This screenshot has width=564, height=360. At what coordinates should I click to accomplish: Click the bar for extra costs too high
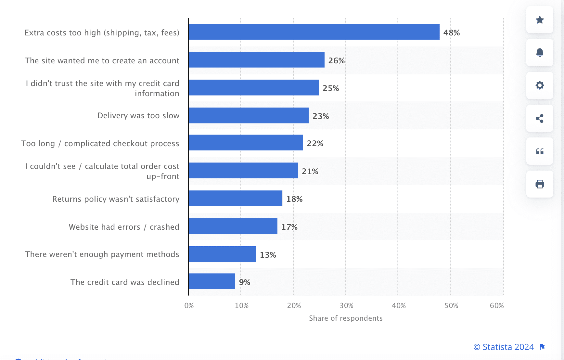[x=314, y=32]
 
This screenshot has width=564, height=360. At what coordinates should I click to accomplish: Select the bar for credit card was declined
[x=212, y=281]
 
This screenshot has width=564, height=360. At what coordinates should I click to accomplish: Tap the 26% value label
[x=336, y=60]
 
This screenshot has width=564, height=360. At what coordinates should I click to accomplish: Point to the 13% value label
[x=268, y=255]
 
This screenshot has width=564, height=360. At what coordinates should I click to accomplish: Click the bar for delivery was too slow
[x=249, y=115]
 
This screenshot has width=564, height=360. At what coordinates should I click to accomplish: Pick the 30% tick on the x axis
[x=346, y=305]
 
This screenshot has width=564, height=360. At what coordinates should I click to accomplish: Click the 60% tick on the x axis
[x=497, y=305]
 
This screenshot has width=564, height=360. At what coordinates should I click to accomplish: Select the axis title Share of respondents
[x=346, y=318]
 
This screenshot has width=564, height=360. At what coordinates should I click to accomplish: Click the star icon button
[x=540, y=20]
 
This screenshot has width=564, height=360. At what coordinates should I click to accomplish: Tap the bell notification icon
[x=540, y=53]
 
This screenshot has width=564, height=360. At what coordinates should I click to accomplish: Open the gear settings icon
[x=540, y=85]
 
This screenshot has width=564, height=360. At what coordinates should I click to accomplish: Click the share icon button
[x=540, y=118]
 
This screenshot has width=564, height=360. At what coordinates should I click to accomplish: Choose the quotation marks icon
[x=540, y=151]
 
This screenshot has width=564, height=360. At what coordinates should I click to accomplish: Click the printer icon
[x=540, y=184]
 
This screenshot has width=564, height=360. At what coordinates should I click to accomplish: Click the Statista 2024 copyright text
[x=504, y=347]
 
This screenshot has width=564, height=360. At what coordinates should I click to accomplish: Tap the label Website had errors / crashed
[x=124, y=227]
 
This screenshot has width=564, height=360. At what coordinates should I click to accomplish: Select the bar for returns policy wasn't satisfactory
[x=235, y=198]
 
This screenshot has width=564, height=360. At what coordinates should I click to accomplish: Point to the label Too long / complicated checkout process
[x=100, y=143]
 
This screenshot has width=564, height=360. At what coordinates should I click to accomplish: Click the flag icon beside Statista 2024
[x=542, y=347]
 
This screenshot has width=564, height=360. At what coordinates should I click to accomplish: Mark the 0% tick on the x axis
[x=189, y=305]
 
